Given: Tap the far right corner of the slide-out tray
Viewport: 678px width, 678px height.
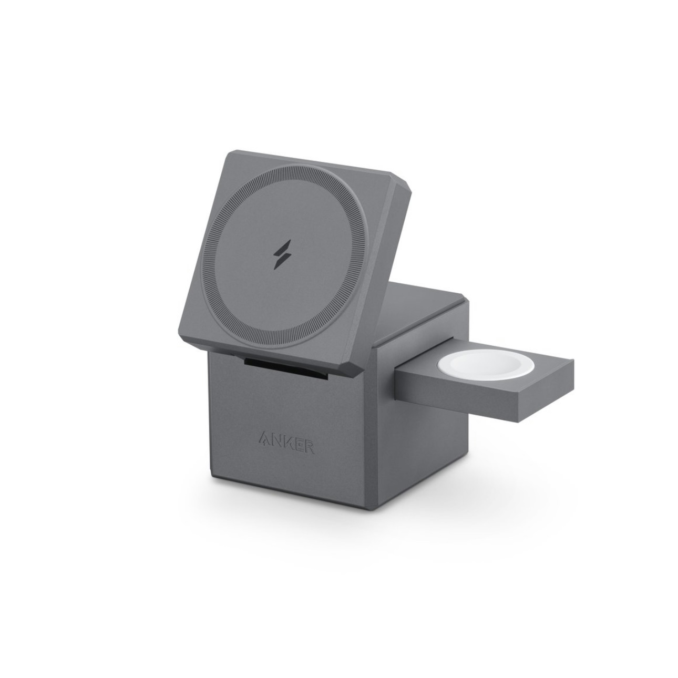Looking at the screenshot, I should (574, 369).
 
